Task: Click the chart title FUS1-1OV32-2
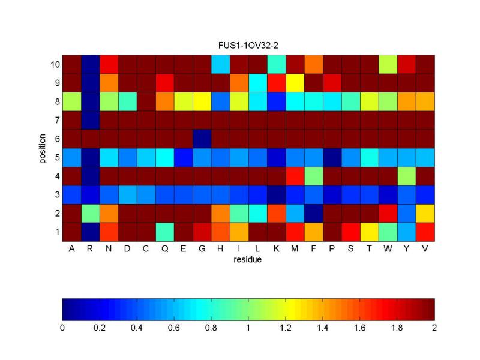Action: point(248,46)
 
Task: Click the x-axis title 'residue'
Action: point(248,260)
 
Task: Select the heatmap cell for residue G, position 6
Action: point(202,139)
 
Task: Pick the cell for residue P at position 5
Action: point(332,157)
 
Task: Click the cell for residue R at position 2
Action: point(90,213)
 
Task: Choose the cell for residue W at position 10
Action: point(388,64)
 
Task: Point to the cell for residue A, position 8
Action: point(71,101)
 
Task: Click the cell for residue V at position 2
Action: point(425,213)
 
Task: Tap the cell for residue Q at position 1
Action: point(164,232)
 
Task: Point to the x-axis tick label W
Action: point(388,249)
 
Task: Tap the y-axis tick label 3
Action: point(56,194)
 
